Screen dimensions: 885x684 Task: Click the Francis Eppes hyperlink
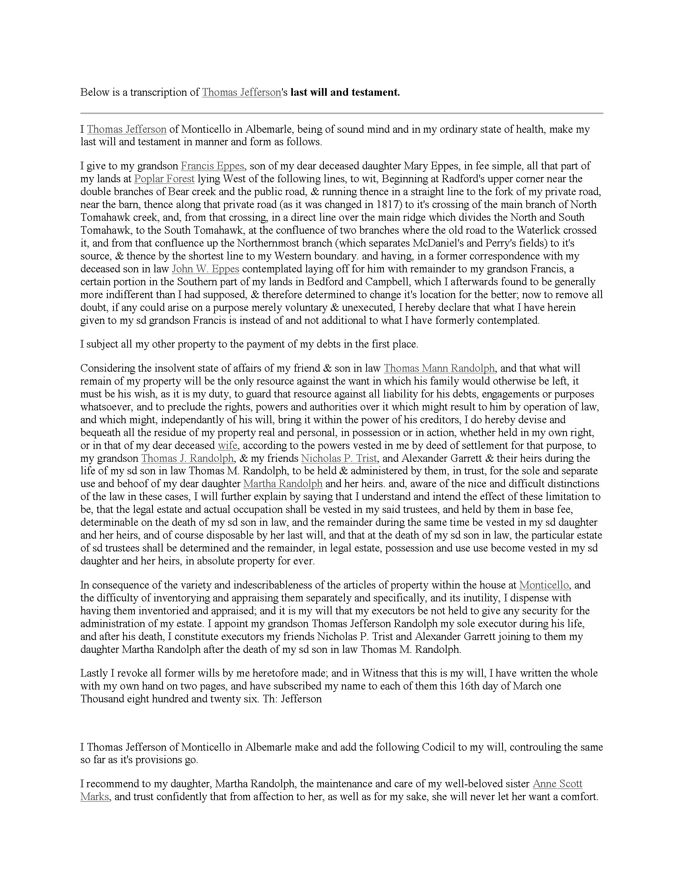(212, 166)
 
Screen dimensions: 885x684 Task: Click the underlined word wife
(227, 445)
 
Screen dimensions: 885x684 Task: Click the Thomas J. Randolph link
(187, 458)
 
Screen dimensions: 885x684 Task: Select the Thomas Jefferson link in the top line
(241, 93)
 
